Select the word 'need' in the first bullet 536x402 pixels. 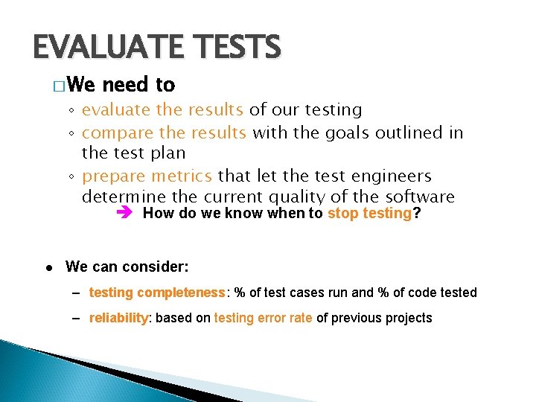pos(127,85)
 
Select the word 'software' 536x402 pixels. pos(420,197)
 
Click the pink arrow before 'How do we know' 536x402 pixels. pos(124,214)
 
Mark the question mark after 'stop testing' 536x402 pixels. pos(416,214)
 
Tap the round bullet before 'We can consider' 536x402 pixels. pos(48,267)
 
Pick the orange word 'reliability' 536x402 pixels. pos(119,318)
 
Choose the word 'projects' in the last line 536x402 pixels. pos(407,318)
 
